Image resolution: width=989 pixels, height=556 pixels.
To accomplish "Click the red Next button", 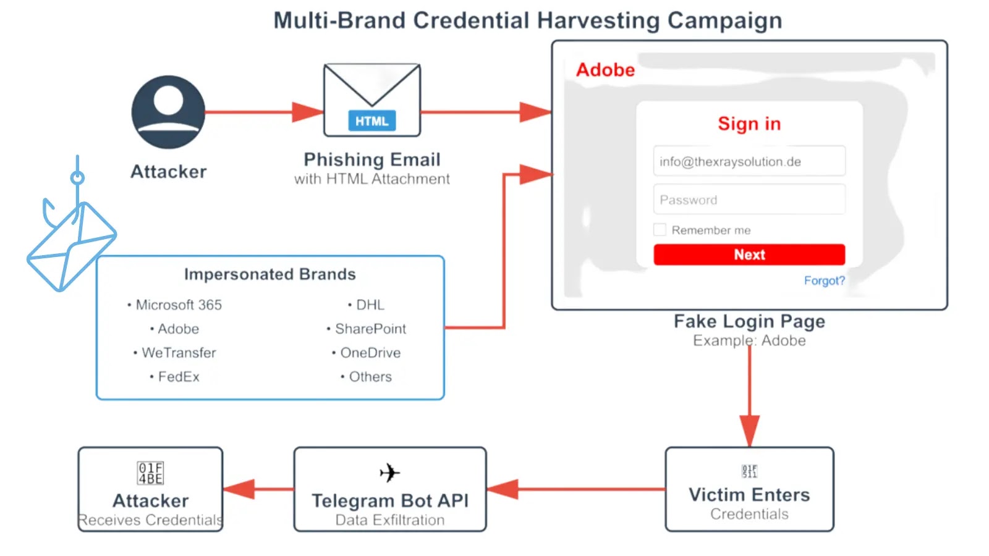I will [749, 255].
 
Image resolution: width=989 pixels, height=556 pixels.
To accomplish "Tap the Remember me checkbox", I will [660, 230].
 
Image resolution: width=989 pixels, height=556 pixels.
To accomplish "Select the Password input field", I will [749, 200].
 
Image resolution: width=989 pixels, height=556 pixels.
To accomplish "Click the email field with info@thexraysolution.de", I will [749, 161].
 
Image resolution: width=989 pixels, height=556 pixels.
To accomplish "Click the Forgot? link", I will [824, 280].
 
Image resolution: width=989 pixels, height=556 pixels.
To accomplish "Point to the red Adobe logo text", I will [605, 70].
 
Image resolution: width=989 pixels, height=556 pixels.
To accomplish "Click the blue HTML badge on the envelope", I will [371, 121].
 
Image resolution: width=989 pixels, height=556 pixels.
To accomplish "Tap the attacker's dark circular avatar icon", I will [168, 112].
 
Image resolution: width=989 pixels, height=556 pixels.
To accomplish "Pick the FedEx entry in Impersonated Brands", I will [178, 377].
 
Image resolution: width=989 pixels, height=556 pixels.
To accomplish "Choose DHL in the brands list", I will [370, 305].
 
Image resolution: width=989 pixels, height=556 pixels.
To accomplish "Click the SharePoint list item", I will [370, 329].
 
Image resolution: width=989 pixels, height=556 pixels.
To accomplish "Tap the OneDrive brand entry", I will [370, 353].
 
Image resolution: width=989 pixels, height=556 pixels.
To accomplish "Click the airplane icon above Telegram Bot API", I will [389, 473].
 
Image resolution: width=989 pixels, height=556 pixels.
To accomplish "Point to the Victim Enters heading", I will [749, 495].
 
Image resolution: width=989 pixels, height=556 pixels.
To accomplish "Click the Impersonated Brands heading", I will [270, 274].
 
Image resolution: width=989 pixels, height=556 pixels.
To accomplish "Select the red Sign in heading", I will [749, 124].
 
